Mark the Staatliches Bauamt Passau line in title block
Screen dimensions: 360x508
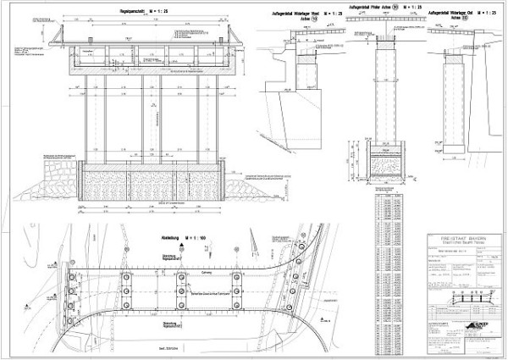pos(461,247)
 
